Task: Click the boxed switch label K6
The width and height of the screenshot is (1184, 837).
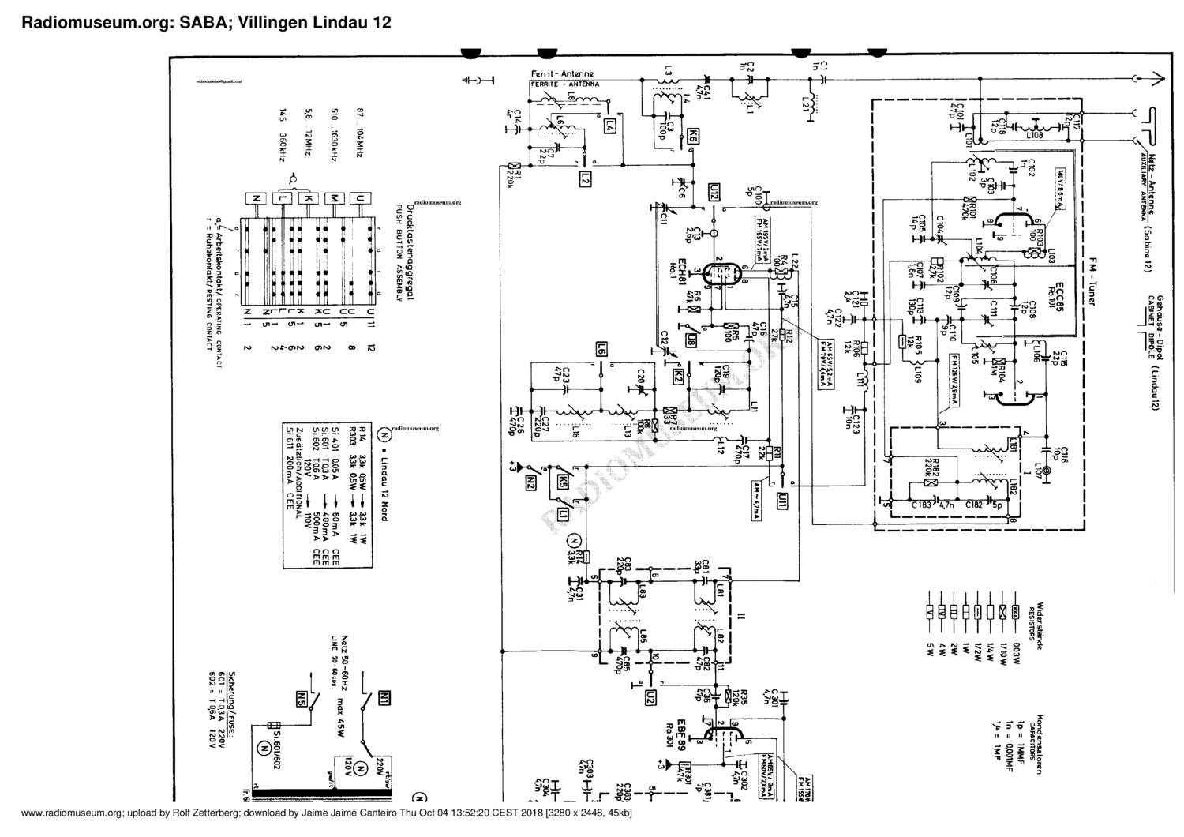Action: [693, 136]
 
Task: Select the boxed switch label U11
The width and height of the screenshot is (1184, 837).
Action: [781, 501]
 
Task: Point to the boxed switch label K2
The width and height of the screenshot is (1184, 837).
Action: [677, 377]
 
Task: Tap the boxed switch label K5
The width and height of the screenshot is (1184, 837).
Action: [561, 481]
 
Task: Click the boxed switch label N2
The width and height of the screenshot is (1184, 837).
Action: [530, 481]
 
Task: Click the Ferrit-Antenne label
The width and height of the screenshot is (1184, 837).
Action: [562, 74]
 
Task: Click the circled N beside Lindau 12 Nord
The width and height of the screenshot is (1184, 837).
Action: [384, 434]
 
